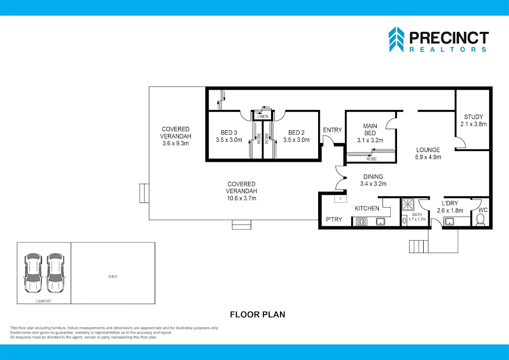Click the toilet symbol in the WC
[x=480, y=220]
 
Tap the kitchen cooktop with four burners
[x=361, y=222]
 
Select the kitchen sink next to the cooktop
[x=380, y=222]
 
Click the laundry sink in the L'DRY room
[x=449, y=222]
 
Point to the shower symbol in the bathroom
[x=408, y=204]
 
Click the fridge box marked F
[x=340, y=199]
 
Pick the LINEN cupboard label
[x=263, y=116]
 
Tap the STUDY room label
[x=473, y=117]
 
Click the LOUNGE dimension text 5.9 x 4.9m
[x=428, y=157]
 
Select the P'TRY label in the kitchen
[x=334, y=219]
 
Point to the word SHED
[x=112, y=276]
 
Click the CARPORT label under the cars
[x=43, y=301]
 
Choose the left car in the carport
[x=33, y=273]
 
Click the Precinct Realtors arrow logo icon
[x=396, y=39]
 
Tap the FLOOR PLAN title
[x=257, y=315]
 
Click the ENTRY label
[x=333, y=130]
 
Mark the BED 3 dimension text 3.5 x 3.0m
[x=229, y=140]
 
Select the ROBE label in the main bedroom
[x=372, y=159]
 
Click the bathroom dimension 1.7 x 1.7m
[x=417, y=219]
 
